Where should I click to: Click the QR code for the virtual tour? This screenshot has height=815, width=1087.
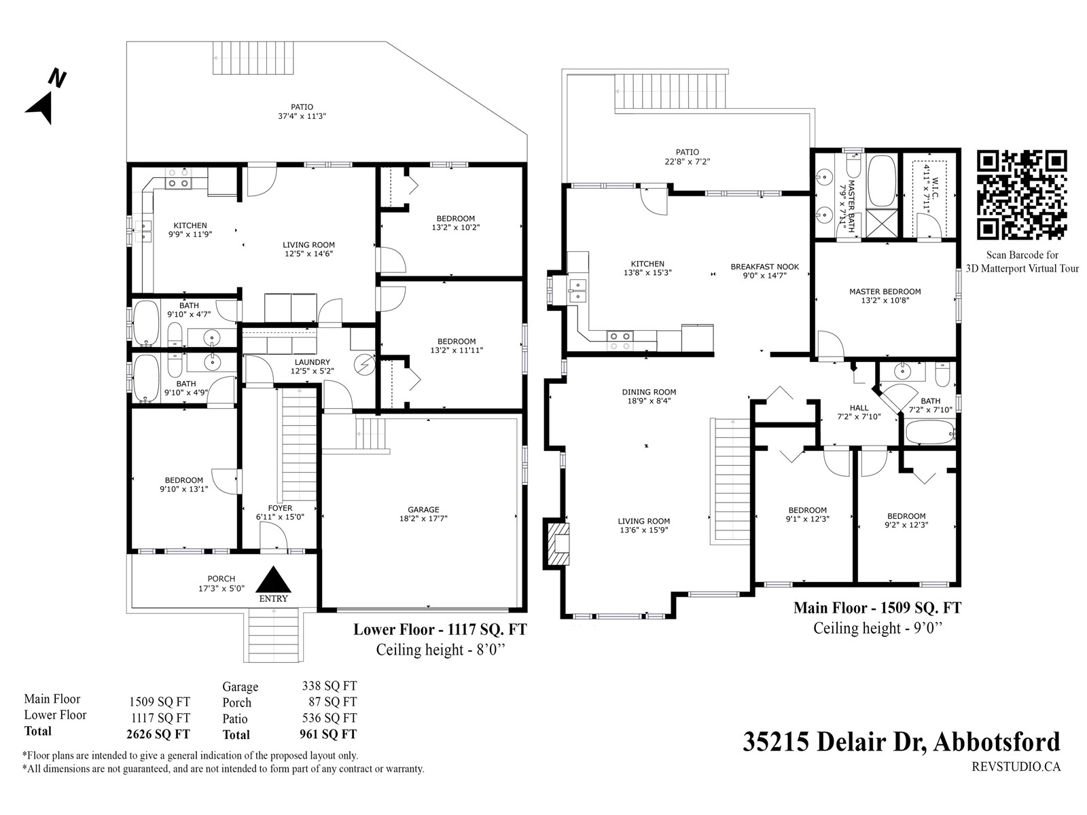[x=1021, y=195]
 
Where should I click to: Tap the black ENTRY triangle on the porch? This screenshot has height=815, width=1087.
[x=273, y=579]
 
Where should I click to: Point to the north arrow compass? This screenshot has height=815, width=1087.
[x=46, y=98]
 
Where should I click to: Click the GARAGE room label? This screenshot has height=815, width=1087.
[x=423, y=509]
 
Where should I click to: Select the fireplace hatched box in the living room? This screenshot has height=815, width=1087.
[x=557, y=544]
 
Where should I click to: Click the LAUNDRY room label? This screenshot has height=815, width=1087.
[x=312, y=362]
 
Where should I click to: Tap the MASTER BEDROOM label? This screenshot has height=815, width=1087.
[x=885, y=291]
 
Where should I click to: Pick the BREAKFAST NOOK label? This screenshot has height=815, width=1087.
[x=764, y=267]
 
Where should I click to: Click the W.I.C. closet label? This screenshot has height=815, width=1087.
[x=935, y=189]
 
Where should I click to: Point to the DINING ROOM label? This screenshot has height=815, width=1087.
[x=649, y=392]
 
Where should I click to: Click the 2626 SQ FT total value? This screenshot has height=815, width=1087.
[x=158, y=734]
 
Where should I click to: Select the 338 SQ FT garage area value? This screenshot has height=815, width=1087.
[x=329, y=686]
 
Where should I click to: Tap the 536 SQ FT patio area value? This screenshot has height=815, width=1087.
[x=329, y=718]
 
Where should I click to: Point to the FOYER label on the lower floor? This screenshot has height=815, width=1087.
[x=280, y=508]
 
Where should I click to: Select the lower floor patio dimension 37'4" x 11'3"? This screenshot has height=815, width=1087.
[x=302, y=116]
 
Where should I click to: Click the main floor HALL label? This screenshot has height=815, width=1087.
[x=859, y=407]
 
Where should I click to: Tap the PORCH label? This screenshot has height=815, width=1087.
[x=221, y=579]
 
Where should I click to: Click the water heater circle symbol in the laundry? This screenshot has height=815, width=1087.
[x=364, y=365]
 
